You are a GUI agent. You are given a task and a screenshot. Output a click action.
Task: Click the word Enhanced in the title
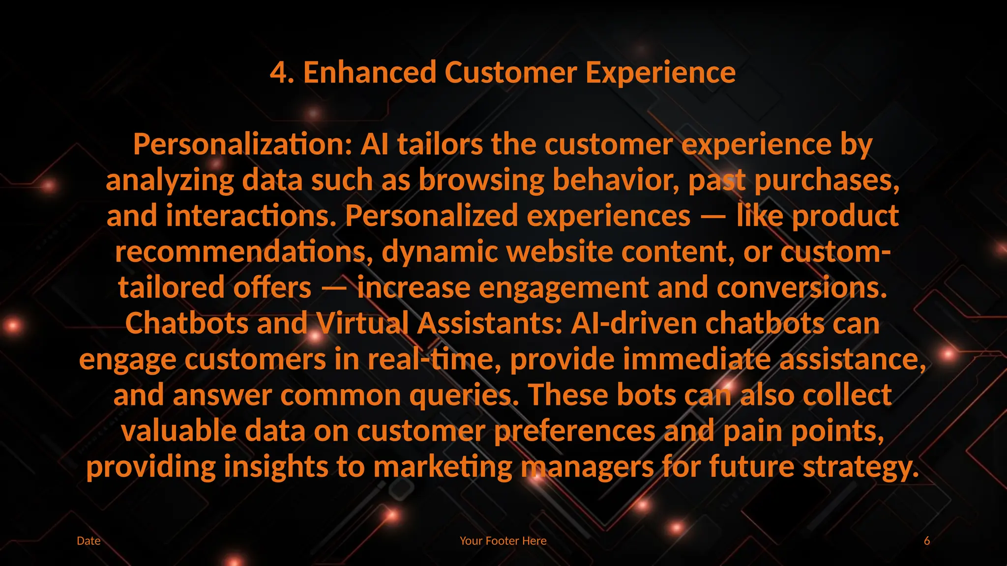pyautogui.click(x=369, y=73)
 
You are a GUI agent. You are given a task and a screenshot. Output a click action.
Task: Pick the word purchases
pyautogui.click(x=827, y=180)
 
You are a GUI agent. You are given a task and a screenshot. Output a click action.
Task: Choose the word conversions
pyautogui.click(x=802, y=288)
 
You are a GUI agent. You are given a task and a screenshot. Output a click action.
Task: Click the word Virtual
pyautogui.click(x=363, y=324)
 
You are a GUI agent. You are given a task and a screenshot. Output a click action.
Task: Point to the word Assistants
pyautogui.click(x=490, y=324)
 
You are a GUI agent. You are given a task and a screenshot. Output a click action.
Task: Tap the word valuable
pyautogui.click(x=179, y=431)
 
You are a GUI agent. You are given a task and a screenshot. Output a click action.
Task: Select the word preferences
pyautogui.click(x=574, y=431)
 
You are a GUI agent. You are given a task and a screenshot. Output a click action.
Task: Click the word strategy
pyautogui.click(x=861, y=467)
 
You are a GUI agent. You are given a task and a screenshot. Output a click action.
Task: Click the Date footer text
pyautogui.click(x=89, y=541)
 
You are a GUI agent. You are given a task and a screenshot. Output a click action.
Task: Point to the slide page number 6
pyautogui.click(x=927, y=541)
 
